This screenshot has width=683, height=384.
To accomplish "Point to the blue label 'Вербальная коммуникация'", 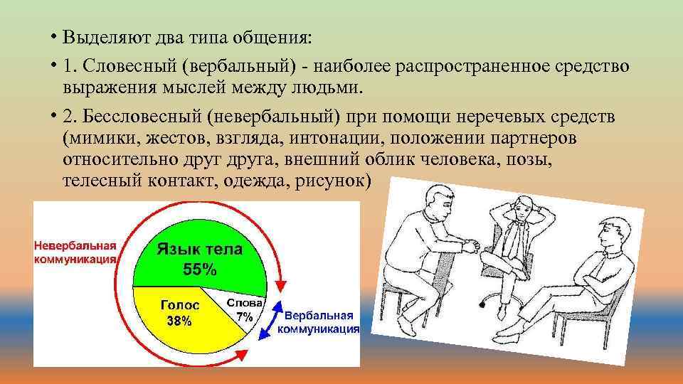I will pos(318,322).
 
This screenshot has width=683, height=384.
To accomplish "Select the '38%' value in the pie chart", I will pos(179,321).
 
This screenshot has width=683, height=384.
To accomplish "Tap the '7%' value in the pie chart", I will pos(245,317).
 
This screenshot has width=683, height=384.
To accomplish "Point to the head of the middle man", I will pos(523,208).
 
